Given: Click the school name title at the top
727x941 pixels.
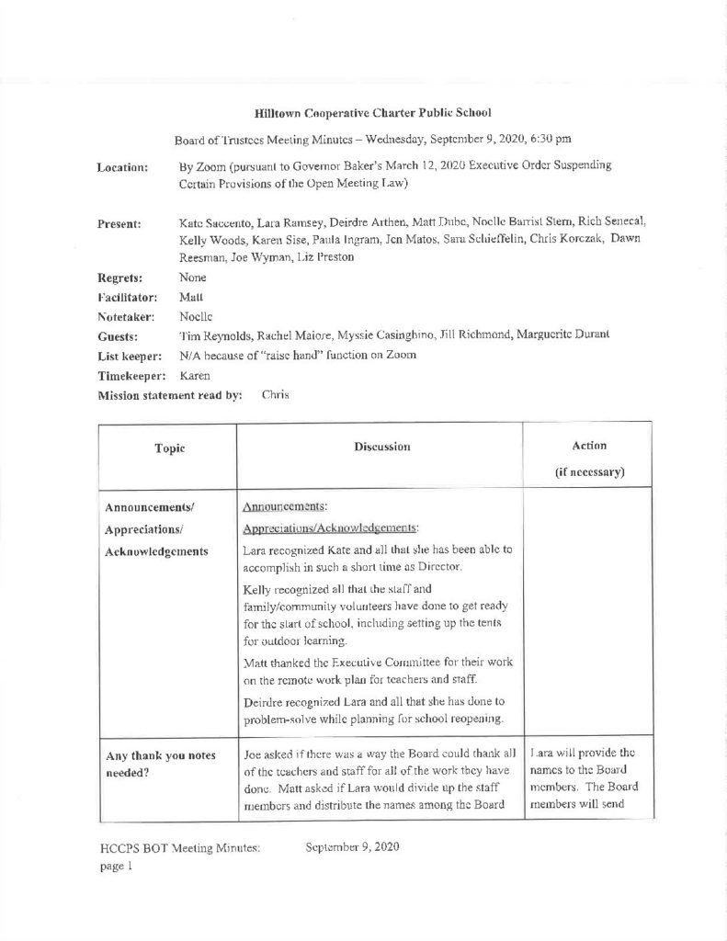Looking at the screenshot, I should coord(372,113).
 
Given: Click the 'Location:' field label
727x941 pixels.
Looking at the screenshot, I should coord(122,168).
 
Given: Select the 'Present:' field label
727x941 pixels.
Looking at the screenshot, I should coord(119,223).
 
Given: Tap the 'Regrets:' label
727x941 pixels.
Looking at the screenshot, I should coord(120,277).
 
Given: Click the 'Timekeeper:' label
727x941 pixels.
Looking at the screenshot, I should coord(130,376).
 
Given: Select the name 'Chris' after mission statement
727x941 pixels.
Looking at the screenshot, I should coord(276,395).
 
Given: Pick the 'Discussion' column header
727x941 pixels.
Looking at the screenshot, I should coord(381,446).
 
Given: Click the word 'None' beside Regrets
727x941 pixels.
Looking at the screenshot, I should coord(192,277).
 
